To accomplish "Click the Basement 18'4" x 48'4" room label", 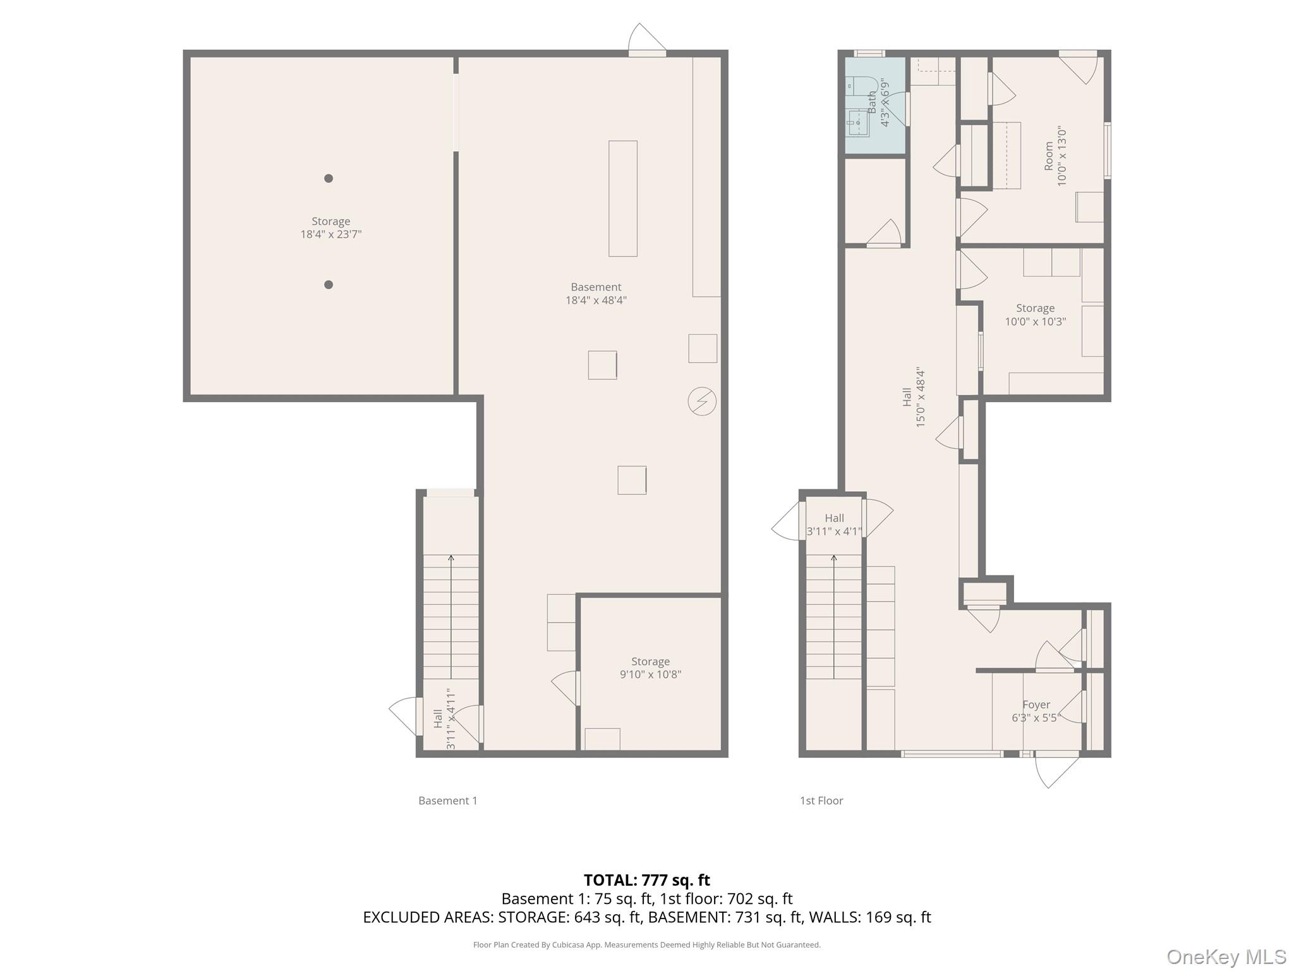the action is (596, 293).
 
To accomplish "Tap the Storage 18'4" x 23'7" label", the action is (330, 228).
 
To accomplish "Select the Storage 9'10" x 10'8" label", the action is (650, 668).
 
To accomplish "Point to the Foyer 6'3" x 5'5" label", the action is (1036, 711).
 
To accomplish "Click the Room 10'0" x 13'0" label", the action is (1055, 156).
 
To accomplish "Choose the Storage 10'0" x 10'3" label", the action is (1035, 314).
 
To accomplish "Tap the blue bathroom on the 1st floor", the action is (876, 105).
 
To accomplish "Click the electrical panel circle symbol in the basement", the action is (702, 401).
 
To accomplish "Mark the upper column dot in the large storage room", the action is (329, 178).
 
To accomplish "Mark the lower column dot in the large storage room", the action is (329, 284).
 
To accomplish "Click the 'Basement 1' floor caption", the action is (447, 800).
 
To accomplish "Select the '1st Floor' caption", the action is (821, 800).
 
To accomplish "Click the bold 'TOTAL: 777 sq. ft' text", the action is (646, 880).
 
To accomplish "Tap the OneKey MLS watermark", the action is (1226, 956).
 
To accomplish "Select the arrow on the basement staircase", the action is (451, 617).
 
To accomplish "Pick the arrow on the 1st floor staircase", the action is (833, 617).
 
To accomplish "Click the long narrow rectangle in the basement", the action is (622, 198).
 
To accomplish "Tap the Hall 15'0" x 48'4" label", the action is (914, 397).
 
